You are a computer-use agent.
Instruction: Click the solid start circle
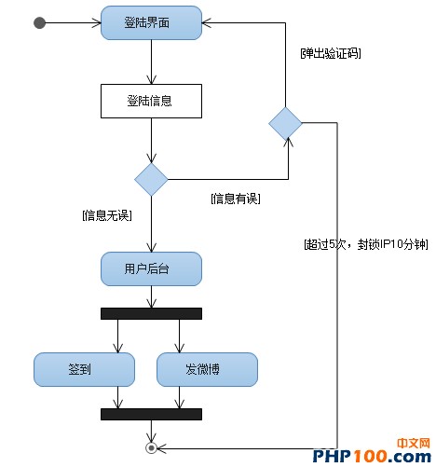tap(39, 23)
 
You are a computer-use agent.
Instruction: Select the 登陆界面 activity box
tap(151, 23)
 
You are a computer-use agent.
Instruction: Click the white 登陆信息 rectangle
tap(151, 101)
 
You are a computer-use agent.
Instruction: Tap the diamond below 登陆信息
tap(151, 179)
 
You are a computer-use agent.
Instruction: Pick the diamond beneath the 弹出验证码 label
tap(285, 123)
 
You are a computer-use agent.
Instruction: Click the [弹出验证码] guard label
tap(331, 53)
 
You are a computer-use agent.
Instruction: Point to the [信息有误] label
tap(236, 199)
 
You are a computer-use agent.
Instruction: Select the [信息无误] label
tap(107, 215)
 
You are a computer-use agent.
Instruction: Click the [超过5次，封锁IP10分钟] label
tap(366, 244)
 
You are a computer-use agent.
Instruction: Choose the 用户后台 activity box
tap(151, 268)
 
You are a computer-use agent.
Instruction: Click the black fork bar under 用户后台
tap(151, 313)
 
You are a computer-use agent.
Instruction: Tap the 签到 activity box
tap(84, 369)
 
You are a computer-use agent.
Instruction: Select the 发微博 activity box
tap(207, 369)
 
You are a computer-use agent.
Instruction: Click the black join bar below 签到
tap(151, 414)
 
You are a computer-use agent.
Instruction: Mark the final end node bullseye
tap(151, 448)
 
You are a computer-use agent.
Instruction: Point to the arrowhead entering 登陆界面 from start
tap(97, 23)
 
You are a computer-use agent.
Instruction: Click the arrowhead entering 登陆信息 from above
tap(151, 79)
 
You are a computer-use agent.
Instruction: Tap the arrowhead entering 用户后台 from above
tap(151, 247)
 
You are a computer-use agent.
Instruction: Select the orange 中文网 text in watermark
tap(414, 444)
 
